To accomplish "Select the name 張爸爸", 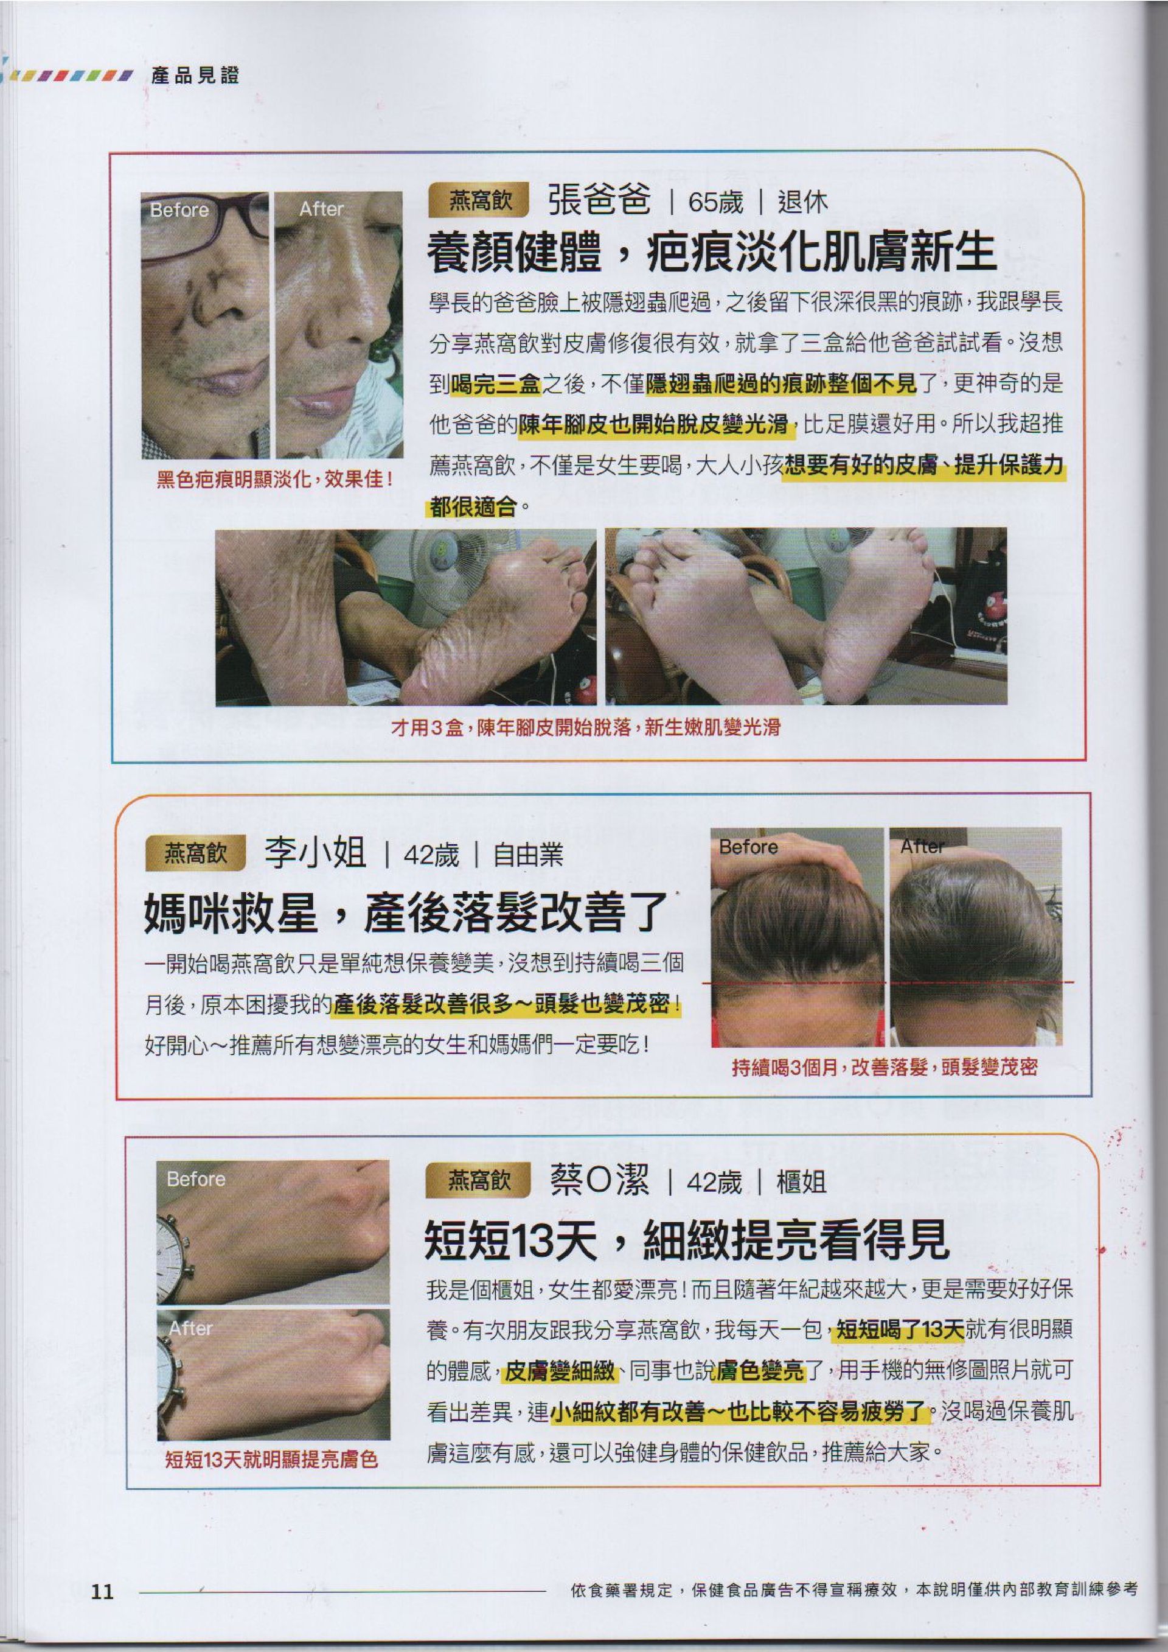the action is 599,199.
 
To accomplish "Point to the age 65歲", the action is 715,202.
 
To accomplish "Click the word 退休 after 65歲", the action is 802,202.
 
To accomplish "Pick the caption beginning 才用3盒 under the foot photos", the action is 585,727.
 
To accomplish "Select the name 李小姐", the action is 315,854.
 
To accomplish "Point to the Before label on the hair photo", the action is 748,847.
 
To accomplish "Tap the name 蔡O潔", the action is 599,1181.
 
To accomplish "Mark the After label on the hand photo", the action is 190,1328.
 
